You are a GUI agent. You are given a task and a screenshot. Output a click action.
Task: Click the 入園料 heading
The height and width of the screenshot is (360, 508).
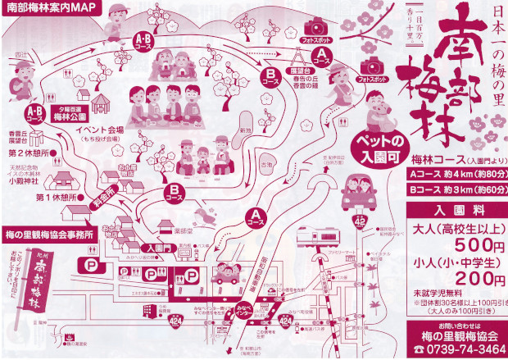pyautogui.click(x=456, y=210)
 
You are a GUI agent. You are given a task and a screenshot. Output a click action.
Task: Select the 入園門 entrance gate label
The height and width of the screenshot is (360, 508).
pyautogui.click(x=153, y=245)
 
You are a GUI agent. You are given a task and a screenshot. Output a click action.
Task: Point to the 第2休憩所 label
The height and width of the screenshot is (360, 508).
pyautogui.click(x=28, y=153)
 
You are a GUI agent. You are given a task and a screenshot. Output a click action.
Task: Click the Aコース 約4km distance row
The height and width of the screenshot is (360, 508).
pyautogui.click(x=456, y=175)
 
